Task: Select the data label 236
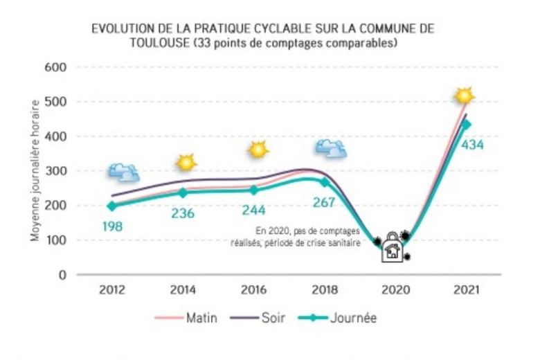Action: point(183,213)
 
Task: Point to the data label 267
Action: point(323,202)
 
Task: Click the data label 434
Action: point(471,145)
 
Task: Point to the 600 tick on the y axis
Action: point(56,67)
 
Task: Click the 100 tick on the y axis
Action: point(56,240)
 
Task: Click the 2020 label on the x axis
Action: point(393,289)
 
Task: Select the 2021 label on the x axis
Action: point(462,289)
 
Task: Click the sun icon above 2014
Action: point(186,163)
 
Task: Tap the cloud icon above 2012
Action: point(123,172)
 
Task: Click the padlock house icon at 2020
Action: point(393,247)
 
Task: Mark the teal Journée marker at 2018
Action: point(323,182)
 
